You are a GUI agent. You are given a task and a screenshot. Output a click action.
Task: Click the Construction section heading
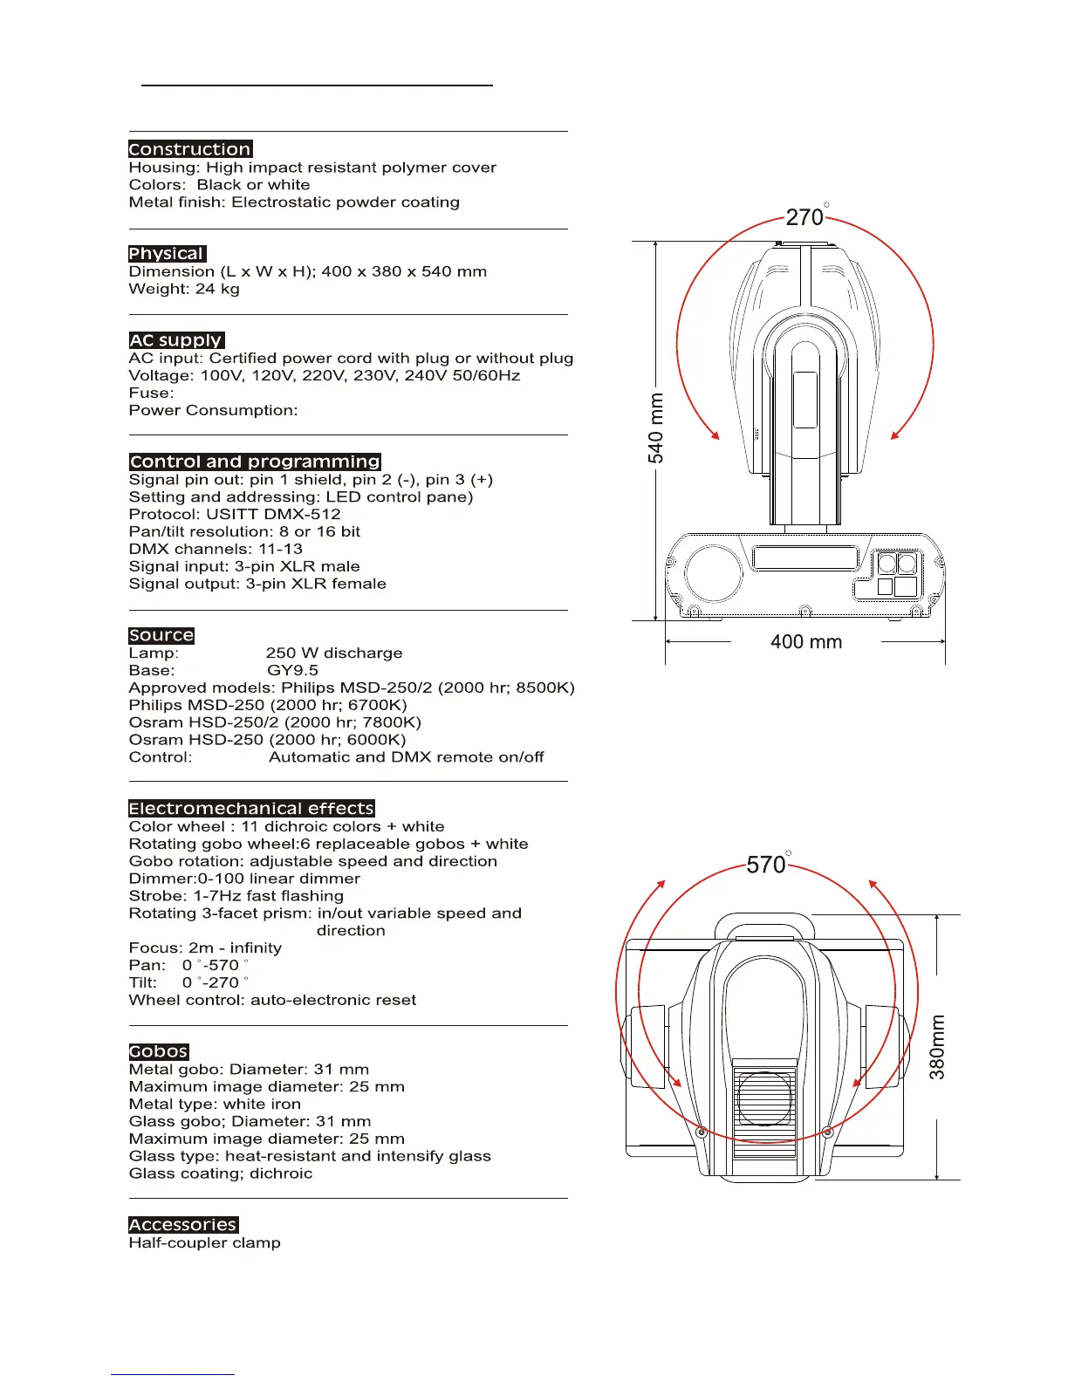tap(190, 149)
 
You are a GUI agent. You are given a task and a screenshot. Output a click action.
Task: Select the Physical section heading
tap(167, 254)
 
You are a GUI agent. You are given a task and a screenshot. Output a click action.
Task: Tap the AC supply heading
tap(176, 340)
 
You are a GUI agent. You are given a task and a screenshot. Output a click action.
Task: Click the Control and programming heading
tap(255, 462)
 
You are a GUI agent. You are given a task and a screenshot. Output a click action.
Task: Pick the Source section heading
tap(161, 635)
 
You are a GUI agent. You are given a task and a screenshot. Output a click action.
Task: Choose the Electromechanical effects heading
tap(251, 809)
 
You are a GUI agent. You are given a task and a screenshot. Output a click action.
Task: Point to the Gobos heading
tap(159, 1051)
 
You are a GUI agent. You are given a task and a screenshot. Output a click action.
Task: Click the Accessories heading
tap(183, 1225)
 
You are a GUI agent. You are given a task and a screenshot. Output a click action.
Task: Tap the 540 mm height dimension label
tap(656, 428)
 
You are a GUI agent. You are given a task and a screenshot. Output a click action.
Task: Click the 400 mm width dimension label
tap(806, 642)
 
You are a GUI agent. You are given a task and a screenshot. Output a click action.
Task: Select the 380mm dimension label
tap(937, 1047)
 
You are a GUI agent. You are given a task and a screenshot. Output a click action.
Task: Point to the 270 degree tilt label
tap(805, 216)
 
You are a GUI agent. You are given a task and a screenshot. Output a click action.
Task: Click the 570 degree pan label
tap(767, 865)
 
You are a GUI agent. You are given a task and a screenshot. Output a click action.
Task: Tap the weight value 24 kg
tap(217, 289)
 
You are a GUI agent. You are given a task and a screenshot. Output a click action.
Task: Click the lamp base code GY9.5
tap(292, 670)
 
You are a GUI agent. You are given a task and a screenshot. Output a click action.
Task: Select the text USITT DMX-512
tap(273, 514)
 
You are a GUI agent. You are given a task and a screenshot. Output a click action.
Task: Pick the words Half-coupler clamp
tap(205, 1242)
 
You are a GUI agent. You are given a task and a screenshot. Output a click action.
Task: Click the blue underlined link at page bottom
tap(173, 1374)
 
